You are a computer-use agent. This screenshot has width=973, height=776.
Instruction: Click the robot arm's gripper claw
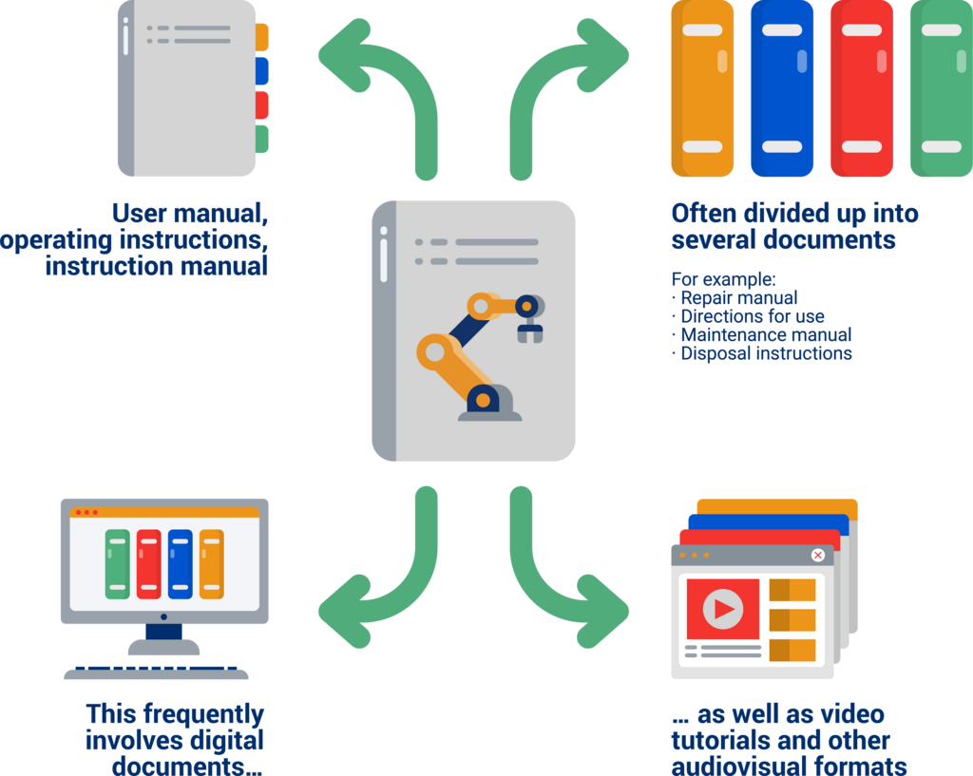tap(529, 331)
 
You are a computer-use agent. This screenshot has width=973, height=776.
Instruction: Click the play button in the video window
tap(723, 609)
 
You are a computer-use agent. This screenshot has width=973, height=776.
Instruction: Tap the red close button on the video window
tap(817, 555)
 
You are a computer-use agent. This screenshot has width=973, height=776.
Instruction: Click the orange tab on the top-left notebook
tap(263, 37)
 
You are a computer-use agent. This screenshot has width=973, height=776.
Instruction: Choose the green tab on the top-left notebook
tap(263, 139)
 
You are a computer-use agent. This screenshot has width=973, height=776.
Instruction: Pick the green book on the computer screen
tap(117, 564)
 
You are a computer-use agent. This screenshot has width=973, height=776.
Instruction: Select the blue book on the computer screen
tap(180, 564)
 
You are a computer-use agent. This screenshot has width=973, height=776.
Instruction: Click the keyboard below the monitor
tap(156, 673)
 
